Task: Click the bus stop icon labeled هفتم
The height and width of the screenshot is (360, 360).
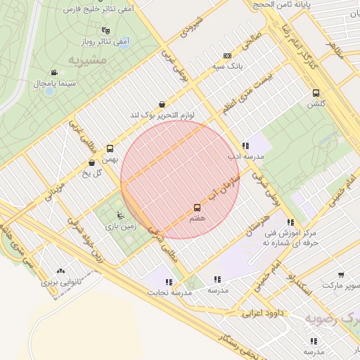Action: pyautogui.click(x=197, y=207)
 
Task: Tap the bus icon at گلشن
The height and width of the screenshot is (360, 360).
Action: pyautogui.click(x=316, y=93)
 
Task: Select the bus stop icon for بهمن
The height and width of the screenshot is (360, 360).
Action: pyautogui.click(x=110, y=148)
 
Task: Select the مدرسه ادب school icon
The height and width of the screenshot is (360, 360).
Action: pyautogui.click(x=245, y=145)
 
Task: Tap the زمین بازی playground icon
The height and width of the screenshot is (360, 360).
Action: pyautogui.click(x=120, y=214)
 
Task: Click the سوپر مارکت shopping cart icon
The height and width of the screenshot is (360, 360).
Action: pyautogui.click(x=341, y=275)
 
